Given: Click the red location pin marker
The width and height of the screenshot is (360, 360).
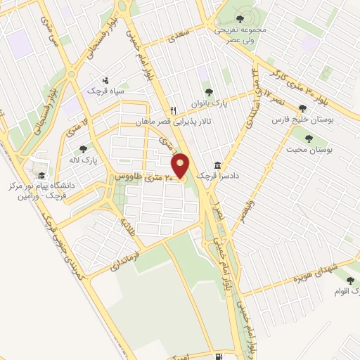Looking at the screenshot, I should click(x=181, y=166).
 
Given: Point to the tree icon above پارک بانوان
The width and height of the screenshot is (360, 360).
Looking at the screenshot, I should click(x=207, y=91).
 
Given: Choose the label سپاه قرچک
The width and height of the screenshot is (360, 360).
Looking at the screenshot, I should click(x=105, y=91).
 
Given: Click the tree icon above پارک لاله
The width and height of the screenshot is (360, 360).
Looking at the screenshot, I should click(x=84, y=148).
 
